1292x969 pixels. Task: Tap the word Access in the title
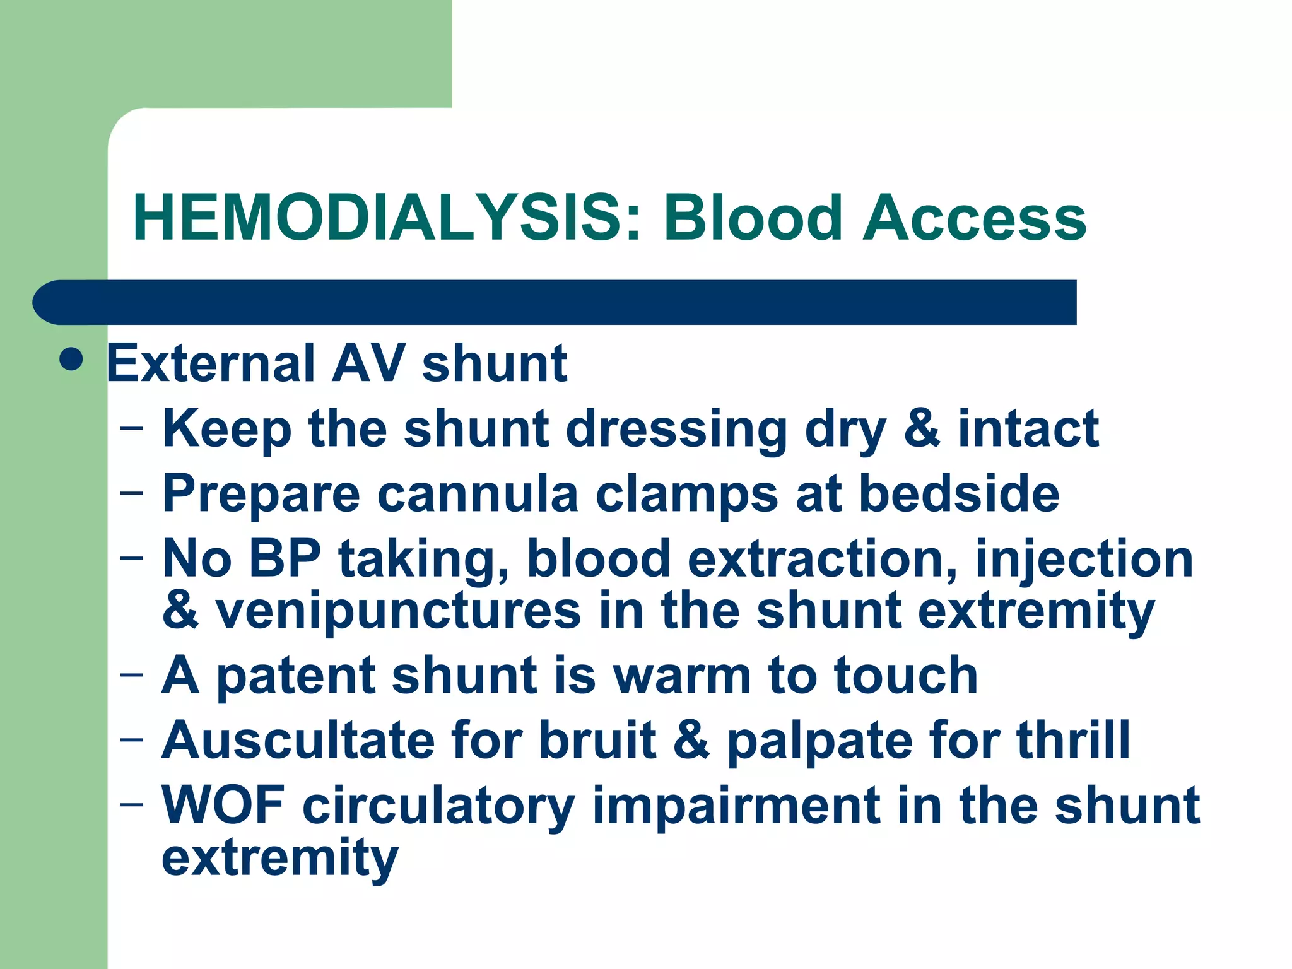[x=974, y=218]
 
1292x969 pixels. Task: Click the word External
[x=211, y=364]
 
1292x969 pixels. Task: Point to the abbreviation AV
[x=368, y=364]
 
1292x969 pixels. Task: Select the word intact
[x=1028, y=429]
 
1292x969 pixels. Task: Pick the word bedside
[x=959, y=494]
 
